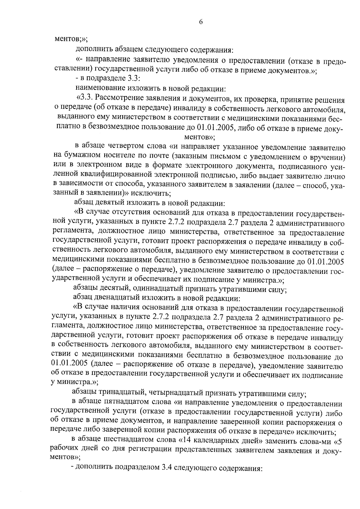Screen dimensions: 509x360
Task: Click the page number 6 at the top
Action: (x=201, y=22)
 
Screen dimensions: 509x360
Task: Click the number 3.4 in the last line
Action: (x=164, y=468)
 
